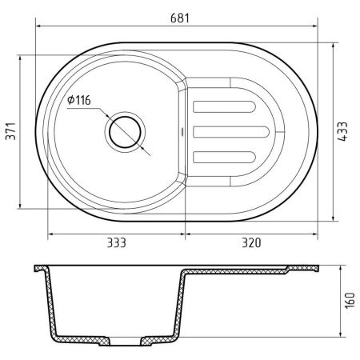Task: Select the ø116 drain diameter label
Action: point(80,100)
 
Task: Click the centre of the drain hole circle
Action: point(125,131)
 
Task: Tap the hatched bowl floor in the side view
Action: point(88,341)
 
